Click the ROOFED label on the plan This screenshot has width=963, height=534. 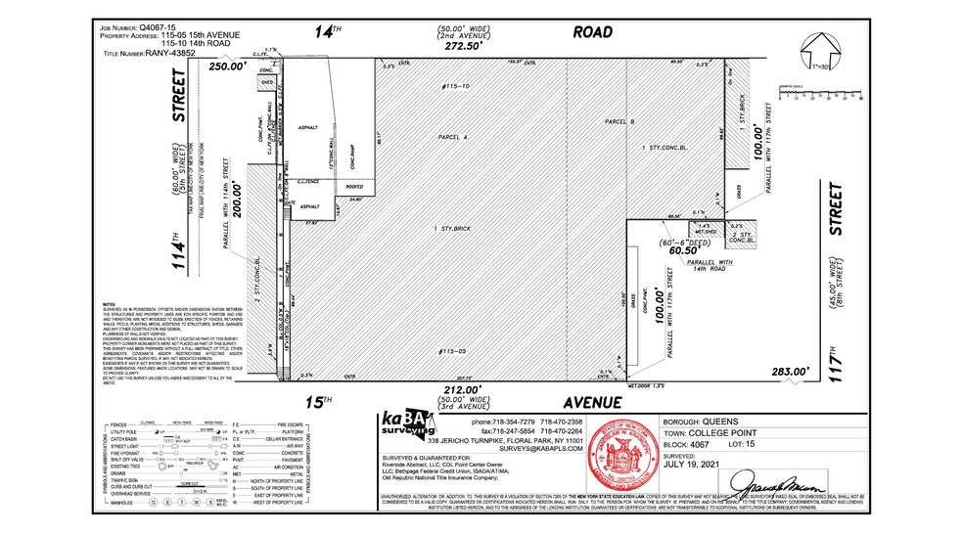[x=355, y=184]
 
